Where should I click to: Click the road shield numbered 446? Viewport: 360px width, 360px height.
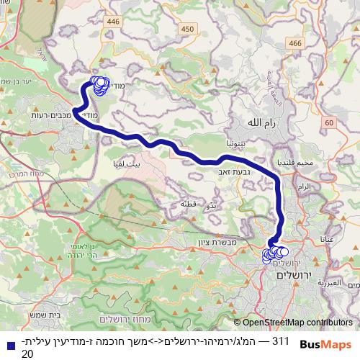[113, 22]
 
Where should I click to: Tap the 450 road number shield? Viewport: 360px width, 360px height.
[188, 29]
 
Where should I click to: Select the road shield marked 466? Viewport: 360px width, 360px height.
[294, 44]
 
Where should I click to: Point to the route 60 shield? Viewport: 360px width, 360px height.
[329, 123]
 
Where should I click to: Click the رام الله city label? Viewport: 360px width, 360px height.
[261, 123]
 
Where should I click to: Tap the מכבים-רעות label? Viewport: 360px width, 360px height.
[48, 114]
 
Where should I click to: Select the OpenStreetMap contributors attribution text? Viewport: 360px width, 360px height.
[297, 323]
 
